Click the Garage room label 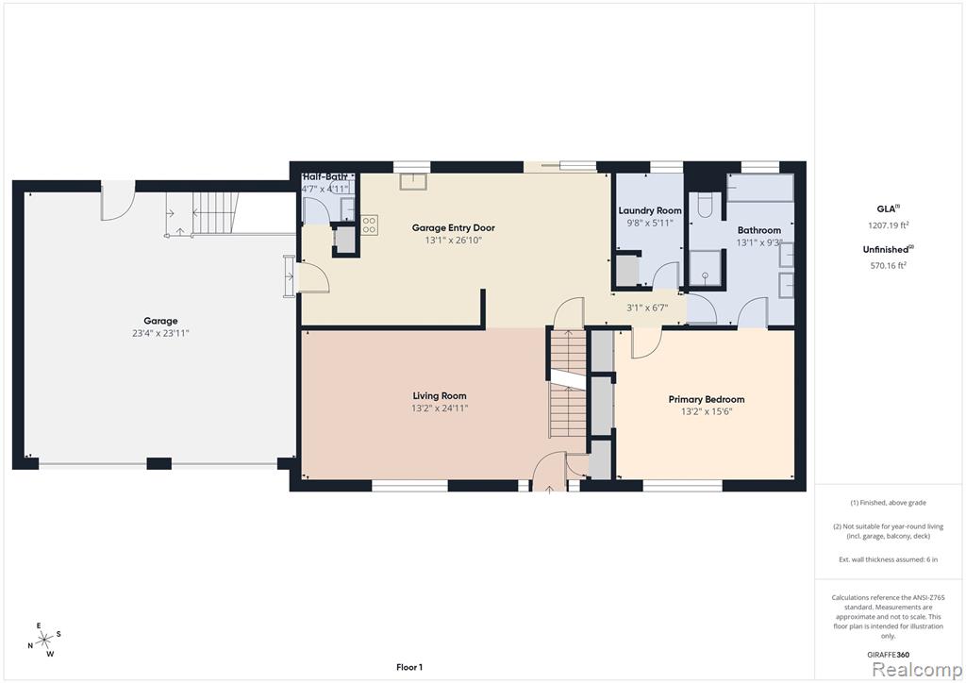point(160,321)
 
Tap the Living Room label point(440,396)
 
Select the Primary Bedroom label point(707,400)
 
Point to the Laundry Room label point(650,210)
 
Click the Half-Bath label point(325,177)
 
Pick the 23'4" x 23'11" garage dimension point(160,333)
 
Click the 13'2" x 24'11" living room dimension point(440,408)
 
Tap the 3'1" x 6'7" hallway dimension point(647,308)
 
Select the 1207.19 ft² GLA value point(889,225)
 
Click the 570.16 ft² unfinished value point(889,265)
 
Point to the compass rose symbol point(43,640)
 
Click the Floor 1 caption point(409,667)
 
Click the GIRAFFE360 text point(889,655)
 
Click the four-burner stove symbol point(369,225)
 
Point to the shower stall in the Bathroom point(705,268)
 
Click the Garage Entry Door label point(454,228)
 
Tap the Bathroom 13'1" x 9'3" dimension point(759,242)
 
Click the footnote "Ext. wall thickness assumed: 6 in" point(889,559)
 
